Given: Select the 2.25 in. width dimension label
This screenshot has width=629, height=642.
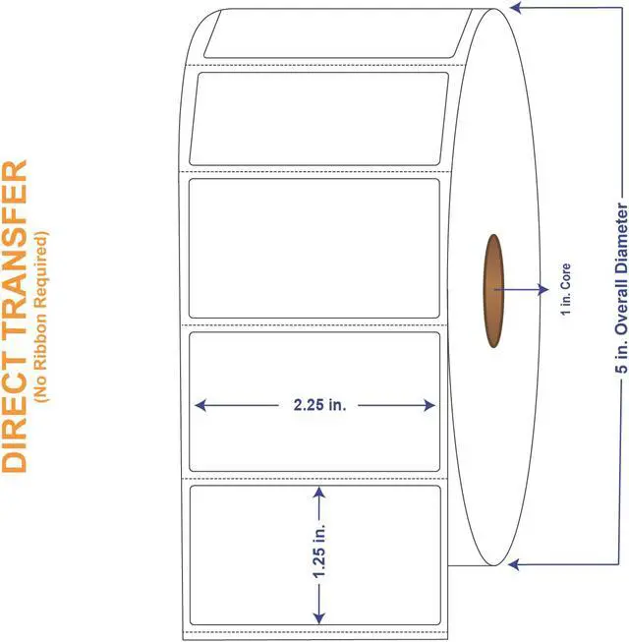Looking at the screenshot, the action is [314, 405].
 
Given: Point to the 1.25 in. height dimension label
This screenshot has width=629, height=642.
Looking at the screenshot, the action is [317, 553].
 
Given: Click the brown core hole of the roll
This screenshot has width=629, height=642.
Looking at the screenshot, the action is [493, 290].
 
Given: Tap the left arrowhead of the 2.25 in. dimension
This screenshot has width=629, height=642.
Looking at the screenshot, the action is [200, 405].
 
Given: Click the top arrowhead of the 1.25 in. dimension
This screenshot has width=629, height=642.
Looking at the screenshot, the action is [317, 490].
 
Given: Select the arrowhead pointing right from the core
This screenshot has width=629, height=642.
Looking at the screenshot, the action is [543, 289].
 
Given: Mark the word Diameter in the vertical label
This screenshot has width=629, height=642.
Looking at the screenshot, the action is [619, 237].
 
